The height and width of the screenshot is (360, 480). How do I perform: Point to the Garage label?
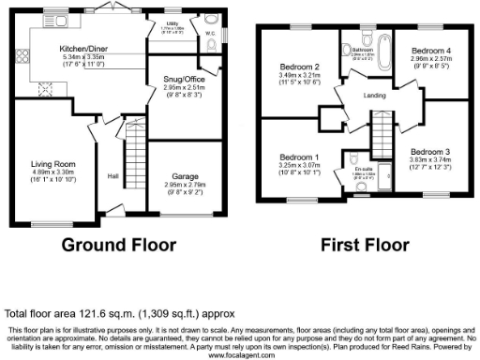pos(185,175)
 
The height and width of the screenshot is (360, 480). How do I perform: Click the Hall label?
pos(112,176)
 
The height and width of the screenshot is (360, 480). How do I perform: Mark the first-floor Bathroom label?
pos(364,49)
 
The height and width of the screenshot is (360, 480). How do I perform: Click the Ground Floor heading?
pos(119,246)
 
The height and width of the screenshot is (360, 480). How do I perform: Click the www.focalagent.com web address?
pos(240,355)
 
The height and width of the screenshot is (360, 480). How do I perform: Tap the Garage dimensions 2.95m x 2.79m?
pos(185,185)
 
